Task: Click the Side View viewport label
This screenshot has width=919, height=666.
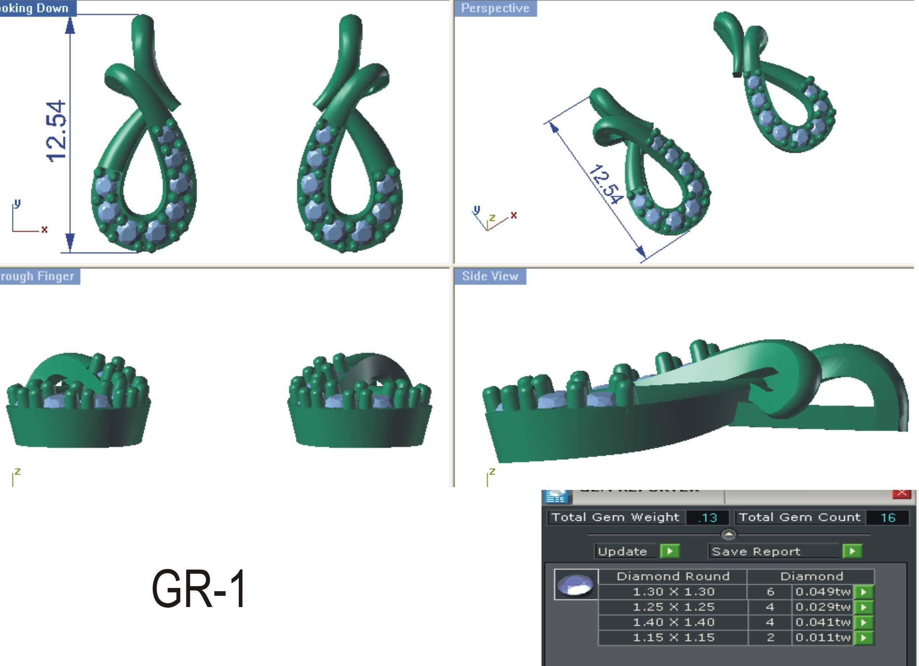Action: pos(490,276)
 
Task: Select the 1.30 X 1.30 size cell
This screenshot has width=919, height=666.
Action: pos(673,592)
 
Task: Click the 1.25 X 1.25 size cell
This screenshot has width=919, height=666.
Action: pos(673,607)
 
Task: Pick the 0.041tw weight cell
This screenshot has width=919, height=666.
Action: pos(823,622)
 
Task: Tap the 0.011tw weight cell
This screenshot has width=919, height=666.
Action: pos(823,637)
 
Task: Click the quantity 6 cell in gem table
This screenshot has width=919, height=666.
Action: pos(770,592)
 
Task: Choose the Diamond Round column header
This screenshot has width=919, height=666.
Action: pos(673,576)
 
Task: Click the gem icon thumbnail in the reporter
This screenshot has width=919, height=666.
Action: pos(575,585)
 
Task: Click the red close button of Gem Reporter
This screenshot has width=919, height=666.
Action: pos(902,493)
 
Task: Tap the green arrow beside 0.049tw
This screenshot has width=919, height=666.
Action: pos(863,592)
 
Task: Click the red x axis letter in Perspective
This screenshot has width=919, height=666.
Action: pos(514,215)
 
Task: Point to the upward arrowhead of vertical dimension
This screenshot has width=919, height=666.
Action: pos(70,25)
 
